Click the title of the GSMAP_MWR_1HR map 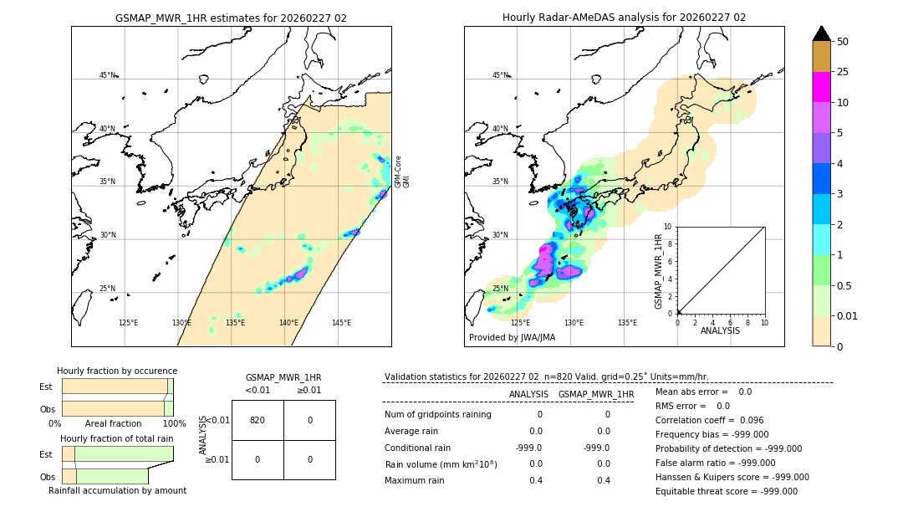(231, 18)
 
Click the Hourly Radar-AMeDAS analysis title (624, 18)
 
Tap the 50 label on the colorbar (843, 42)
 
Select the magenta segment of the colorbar (821, 87)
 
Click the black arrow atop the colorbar (821, 33)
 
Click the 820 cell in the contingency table (258, 420)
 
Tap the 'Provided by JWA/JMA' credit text (512, 338)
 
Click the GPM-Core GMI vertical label (402, 172)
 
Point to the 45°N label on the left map (108, 75)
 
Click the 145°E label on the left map (341, 323)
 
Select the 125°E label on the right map (520, 323)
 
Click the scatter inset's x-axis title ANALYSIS (720, 331)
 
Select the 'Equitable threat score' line (726, 491)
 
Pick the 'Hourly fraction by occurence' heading (117, 371)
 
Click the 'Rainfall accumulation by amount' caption (117, 490)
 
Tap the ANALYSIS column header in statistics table (528, 394)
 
